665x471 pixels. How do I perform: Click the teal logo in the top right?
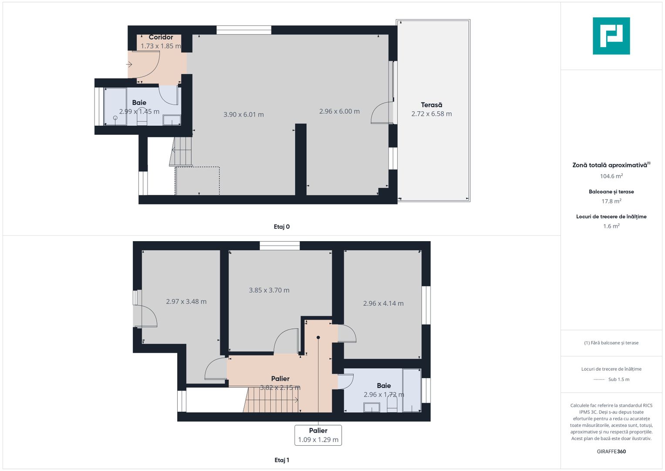(611, 36)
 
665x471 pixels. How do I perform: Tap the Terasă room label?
(431, 105)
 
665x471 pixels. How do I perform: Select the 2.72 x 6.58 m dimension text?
(431, 114)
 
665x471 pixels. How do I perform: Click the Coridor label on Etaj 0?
(161, 37)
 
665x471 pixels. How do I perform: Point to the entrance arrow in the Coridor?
(129, 65)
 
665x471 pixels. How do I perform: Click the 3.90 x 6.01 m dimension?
(243, 115)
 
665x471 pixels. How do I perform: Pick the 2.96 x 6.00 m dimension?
(339, 111)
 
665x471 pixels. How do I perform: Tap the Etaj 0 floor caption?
(281, 227)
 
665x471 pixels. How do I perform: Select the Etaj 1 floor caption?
(281, 460)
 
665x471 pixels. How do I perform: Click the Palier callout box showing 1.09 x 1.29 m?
(318, 435)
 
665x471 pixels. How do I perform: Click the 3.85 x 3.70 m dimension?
(269, 290)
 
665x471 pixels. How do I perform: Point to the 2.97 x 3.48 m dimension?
(186, 301)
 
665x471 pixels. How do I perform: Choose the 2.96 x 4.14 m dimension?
(383, 304)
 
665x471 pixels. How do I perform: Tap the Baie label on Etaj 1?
(384, 386)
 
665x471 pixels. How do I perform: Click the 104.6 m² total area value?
(611, 176)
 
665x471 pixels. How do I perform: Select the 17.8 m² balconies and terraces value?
(611, 201)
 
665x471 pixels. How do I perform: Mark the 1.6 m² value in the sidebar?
(611, 226)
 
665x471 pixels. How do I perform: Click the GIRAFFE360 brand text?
(611, 451)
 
